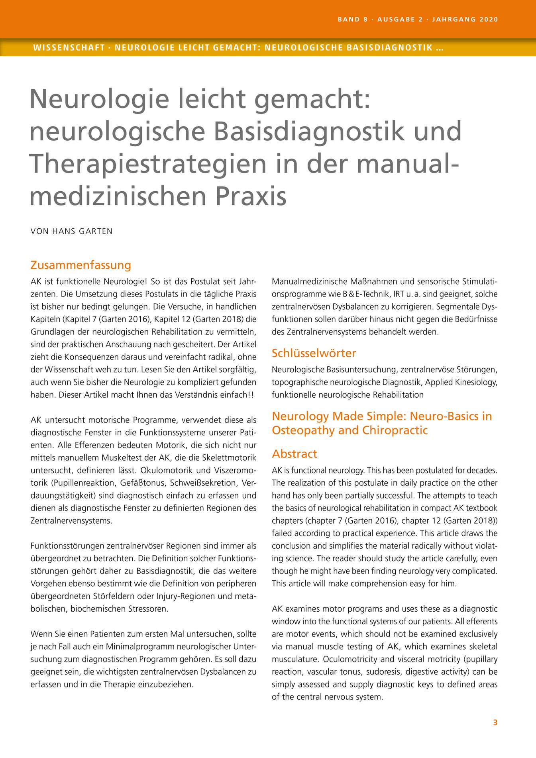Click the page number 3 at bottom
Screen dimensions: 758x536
(495, 722)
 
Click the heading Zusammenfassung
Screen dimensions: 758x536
(80, 265)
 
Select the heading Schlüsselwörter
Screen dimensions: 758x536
(314, 353)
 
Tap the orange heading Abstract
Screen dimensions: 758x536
(294, 454)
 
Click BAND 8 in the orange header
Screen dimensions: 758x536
(352, 19)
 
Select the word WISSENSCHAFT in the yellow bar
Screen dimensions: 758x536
(69, 48)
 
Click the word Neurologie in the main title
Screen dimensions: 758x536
(100, 100)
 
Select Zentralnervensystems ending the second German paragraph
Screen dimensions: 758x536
(71, 521)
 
